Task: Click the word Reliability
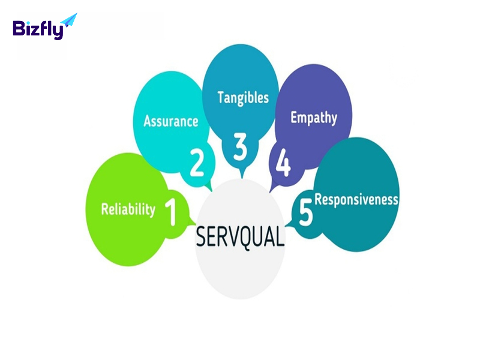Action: point(128,209)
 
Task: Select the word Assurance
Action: point(171,121)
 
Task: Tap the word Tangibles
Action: point(243,98)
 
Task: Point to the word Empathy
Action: point(314,118)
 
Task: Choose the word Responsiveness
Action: point(356,200)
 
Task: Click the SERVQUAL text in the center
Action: point(240,237)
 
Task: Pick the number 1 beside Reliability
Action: point(171,212)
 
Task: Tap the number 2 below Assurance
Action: point(197,163)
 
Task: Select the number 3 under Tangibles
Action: point(240,146)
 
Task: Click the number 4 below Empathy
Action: point(283,163)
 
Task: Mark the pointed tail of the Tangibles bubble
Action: point(242,178)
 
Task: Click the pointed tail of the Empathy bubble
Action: point(270,192)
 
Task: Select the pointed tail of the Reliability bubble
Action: point(196,224)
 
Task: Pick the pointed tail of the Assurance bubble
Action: point(212,191)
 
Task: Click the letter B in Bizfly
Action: point(18,28)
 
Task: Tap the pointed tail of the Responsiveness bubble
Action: point(286,226)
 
